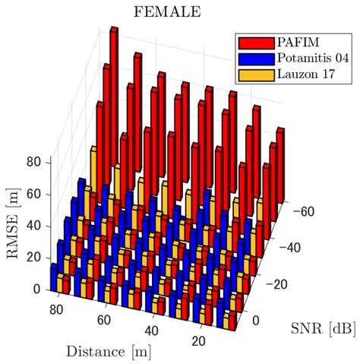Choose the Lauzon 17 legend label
click(305, 74)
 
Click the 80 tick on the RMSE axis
click(34, 162)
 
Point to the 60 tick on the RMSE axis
click(34, 194)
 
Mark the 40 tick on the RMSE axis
click(34, 226)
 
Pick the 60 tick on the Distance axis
click(106, 319)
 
